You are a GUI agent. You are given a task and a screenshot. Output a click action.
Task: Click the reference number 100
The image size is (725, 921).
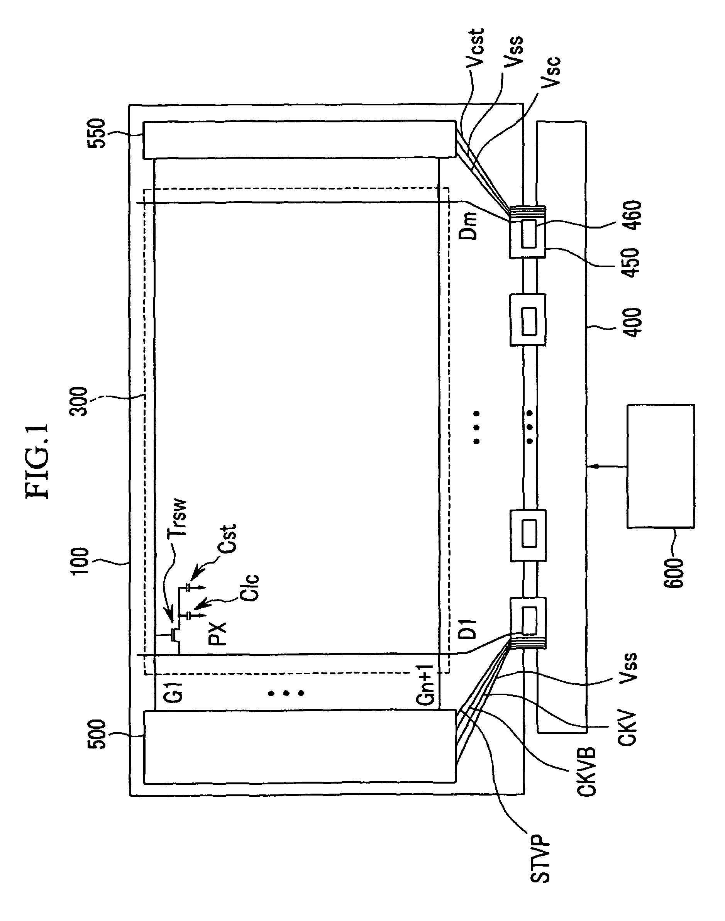(80, 561)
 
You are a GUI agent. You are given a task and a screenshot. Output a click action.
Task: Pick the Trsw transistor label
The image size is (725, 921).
(178, 518)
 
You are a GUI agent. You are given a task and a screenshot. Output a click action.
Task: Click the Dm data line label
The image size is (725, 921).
(469, 226)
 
